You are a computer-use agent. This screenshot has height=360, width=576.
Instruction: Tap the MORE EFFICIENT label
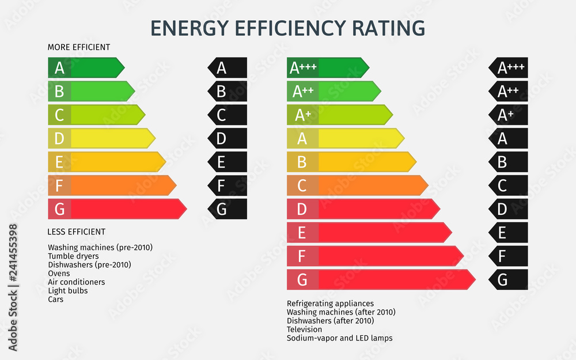pos(79,47)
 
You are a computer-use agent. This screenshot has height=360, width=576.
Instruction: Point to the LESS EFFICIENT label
pos(77,232)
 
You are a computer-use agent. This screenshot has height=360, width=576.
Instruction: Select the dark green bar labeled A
pos(86,68)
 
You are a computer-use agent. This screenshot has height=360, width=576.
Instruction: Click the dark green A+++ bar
pos(327,68)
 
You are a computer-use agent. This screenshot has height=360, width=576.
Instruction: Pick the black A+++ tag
pos(509,68)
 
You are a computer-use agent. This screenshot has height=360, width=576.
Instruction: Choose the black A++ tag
pos(509,91)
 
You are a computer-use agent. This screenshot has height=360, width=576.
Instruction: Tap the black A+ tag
pos(509,115)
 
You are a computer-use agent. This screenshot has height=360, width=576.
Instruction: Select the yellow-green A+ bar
pos(339,115)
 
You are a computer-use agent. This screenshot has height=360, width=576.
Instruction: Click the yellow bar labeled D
pos(101,138)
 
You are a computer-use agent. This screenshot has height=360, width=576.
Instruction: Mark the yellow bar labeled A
pos(345,138)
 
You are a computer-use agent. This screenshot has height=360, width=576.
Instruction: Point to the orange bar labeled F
pos(112,185)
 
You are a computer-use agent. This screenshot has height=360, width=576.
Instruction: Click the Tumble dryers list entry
pos(73,256)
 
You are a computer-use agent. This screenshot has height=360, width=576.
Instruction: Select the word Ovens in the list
pos(59,274)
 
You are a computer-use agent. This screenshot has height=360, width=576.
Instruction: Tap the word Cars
pos(56,300)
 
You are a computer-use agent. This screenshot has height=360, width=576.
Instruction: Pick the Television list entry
pos(305,329)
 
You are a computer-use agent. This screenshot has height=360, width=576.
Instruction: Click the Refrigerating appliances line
pos(330,304)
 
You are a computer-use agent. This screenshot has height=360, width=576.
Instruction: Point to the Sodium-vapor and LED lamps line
pos(339,338)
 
